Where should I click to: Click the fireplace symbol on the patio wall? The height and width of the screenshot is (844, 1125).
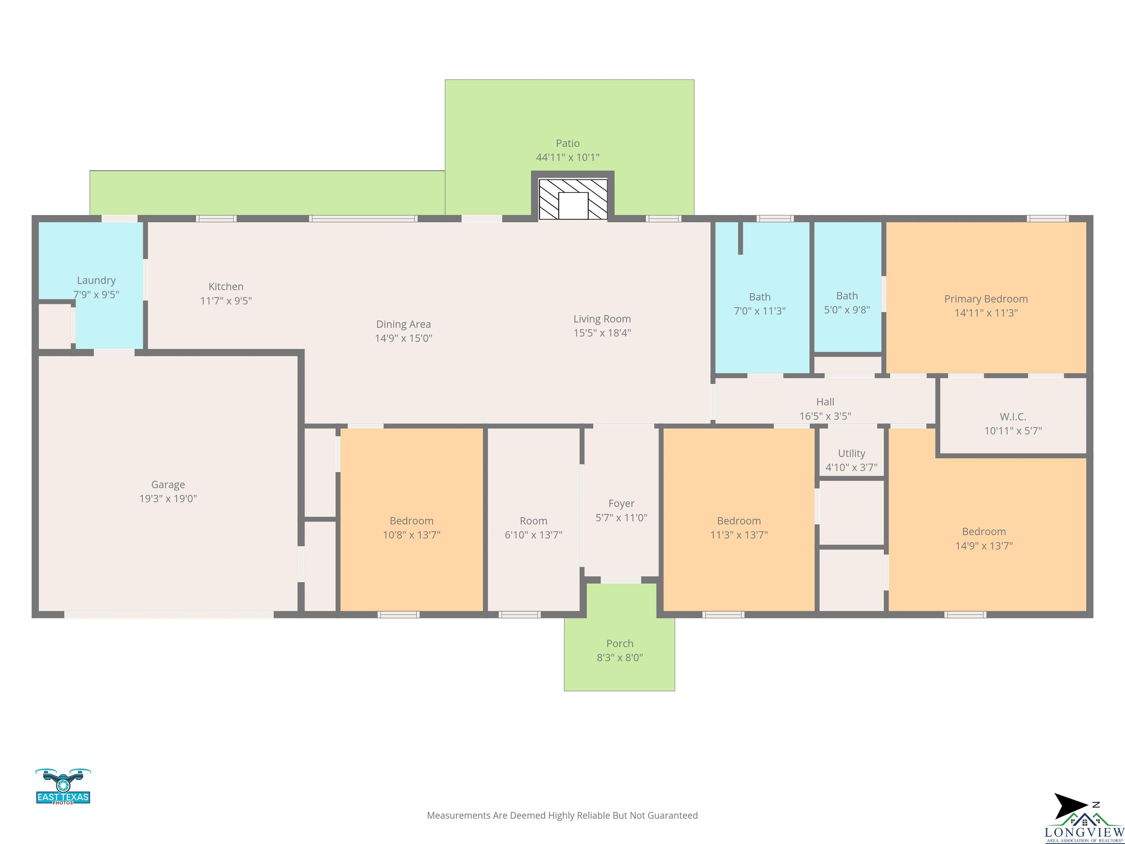[573, 199]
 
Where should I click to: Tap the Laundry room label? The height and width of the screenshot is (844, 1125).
[96, 280]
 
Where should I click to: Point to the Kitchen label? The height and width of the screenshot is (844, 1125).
[226, 286]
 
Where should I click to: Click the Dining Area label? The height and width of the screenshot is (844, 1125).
[403, 324]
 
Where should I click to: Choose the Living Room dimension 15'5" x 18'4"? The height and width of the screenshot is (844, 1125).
[602, 333]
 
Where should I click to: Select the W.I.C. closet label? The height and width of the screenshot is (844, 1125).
[1013, 417]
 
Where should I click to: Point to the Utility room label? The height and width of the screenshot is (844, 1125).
[851, 453]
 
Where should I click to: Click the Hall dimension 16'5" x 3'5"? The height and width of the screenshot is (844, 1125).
[825, 416]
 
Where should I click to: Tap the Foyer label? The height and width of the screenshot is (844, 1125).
[621, 504]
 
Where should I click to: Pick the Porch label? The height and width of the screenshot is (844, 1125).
[620, 644]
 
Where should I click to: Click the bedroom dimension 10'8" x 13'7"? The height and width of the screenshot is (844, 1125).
[412, 535]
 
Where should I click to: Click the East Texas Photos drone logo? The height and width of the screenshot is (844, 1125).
[63, 786]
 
